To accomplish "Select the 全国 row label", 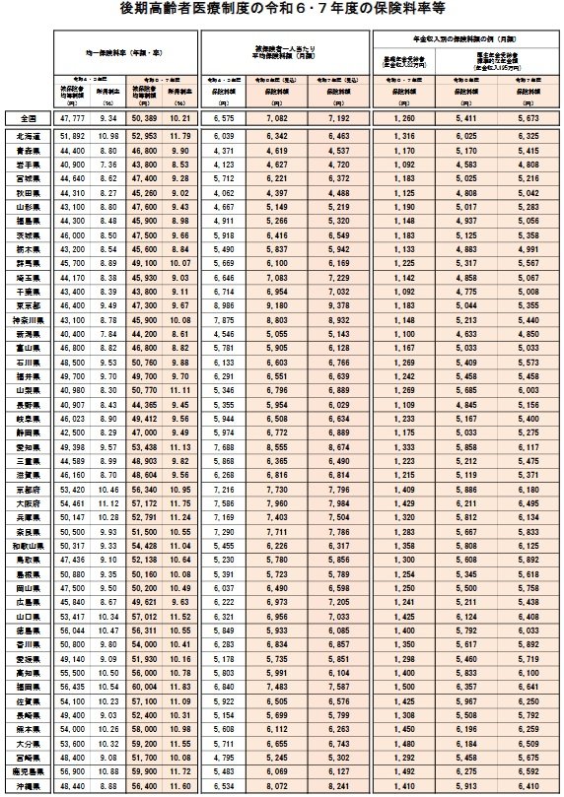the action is (x=28, y=116).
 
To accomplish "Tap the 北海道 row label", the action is (x=28, y=135).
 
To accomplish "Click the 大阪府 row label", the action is (x=28, y=503).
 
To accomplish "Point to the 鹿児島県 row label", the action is (x=28, y=769).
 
